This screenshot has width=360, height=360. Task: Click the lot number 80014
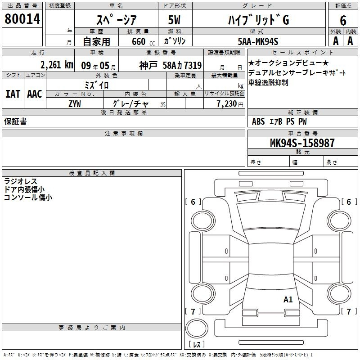pyautogui.click(x=22, y=19)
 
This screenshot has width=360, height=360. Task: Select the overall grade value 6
pyautogui.click(x=343, y=21)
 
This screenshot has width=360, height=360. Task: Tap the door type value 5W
pyautogui.click(x=174, y=20)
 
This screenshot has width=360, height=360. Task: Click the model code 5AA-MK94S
pyautogui.click(x=258, y=41)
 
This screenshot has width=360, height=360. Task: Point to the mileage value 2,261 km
pyautogui.click(x=57, y=65)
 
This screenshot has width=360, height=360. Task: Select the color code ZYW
pyautogui.click(x=75, y=104)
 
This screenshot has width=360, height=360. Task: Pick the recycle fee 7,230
pyautogui.click(x=227, y=104)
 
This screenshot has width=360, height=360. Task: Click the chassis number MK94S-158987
pyautogui.click(x=302, y=143)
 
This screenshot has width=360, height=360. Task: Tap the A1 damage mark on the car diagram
pyautogui.click(x=288, y=300)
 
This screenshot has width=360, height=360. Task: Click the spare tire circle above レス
pyautogui.click(x=197, y=328)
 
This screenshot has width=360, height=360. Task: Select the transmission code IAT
pyautogui.click(x=13, y=94)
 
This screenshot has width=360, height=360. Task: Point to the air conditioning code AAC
pyautogui.click(x=35, y=94)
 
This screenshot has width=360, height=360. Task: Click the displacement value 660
pyautogui.click(x=139, y=41)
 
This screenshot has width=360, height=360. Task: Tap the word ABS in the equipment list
pyautogui.click(x=258, y=121)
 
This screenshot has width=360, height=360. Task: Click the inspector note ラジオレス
pyautogui.click(x=20, y=181)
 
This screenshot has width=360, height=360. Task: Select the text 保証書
pyautogui.click(x=15, y=121)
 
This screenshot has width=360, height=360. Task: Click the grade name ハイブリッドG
pyautogui.click(x=258, y=20)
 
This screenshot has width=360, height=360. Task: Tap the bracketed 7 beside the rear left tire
pyautogui.click(x=193, y=311)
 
